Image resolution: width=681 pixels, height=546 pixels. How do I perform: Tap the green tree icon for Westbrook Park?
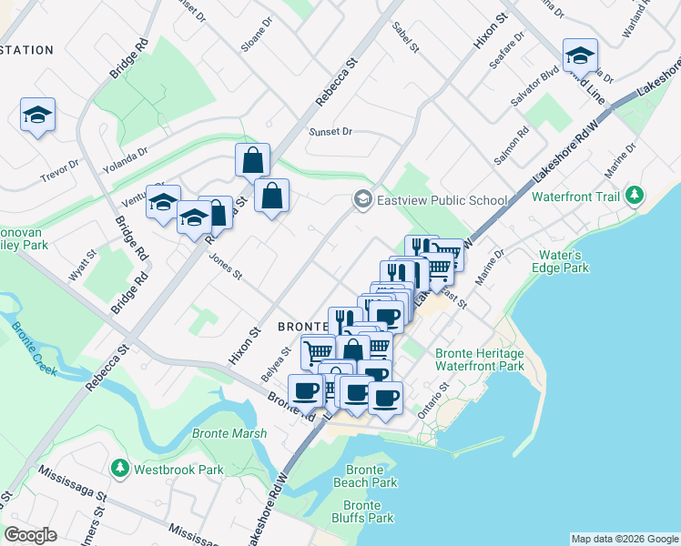coord(119,469)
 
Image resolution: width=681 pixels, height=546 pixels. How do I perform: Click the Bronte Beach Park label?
coord(371,476)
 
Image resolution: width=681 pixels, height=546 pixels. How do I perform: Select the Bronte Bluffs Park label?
coord(369,511)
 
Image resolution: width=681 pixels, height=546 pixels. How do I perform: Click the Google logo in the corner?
coord(30,535)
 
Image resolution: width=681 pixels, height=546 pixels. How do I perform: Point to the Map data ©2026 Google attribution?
coord(624,539)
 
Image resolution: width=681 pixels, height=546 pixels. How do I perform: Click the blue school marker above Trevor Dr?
coord(37,115)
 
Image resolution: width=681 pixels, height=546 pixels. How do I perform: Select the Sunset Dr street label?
coord(330,131)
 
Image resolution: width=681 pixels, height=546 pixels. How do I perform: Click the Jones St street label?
coord(225,268)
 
